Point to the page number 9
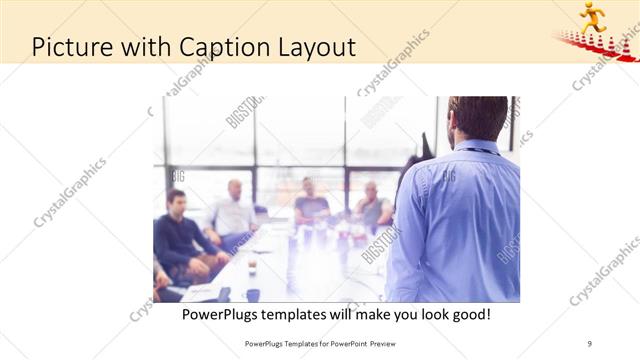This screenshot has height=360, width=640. click(589, 343)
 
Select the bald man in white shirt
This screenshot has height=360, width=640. click(234, 211)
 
